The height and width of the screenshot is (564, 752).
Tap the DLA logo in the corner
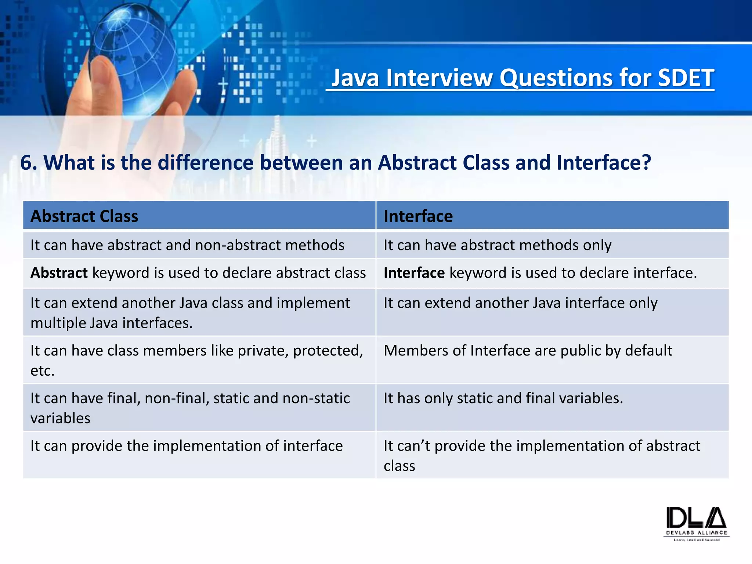tap(696, 523)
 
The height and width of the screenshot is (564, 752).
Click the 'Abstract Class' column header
tap(84, 216)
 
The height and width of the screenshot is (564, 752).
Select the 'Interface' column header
tap(418, 216)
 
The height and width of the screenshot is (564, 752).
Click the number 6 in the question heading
tap(26, 163)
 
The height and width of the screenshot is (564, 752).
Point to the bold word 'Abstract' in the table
tap(59, 273)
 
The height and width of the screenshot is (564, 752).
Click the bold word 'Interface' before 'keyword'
tap(414, 273)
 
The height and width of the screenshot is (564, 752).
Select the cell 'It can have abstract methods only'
tap(497, 245)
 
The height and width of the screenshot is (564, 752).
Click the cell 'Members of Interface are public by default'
tap(528, 351)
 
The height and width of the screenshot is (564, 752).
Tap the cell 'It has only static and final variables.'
tap(503, 398)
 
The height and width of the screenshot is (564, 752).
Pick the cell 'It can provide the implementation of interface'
tap(186, 446)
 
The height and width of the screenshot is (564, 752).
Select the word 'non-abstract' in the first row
tap(238, 245)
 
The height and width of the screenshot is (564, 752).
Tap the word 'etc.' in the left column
tap(42, 371)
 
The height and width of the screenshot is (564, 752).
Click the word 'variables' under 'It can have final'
tap(60, 419)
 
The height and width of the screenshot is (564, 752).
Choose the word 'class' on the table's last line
tap(399, 466)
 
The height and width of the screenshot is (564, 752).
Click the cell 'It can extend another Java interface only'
tap(520, 303)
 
